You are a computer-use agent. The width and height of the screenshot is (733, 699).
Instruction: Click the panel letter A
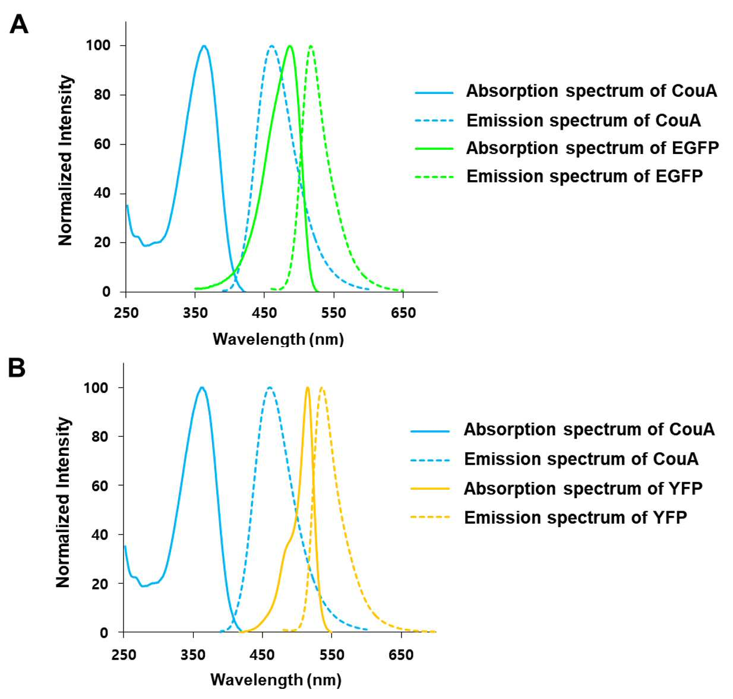[18, 24]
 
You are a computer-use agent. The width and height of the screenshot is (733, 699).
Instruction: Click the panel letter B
[17, 368]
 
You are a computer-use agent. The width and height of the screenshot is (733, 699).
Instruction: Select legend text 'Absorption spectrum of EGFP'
[592, 148]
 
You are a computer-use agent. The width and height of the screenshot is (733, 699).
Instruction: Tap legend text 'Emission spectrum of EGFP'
[584, 176]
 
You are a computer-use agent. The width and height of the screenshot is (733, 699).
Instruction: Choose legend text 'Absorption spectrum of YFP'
[583, 489]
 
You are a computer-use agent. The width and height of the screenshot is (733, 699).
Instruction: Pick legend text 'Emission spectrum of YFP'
[576, 517]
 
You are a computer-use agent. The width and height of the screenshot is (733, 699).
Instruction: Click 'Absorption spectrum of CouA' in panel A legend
[592, 91]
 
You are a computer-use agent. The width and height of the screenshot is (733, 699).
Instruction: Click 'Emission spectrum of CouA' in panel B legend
[582, 459]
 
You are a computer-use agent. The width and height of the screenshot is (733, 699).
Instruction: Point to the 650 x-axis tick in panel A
[403, 313]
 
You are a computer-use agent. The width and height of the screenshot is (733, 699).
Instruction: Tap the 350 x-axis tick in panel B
[193, 654]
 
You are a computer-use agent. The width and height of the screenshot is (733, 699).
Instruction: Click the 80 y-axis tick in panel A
[102, 95]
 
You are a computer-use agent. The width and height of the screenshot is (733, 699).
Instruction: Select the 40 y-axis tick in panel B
[100, 535]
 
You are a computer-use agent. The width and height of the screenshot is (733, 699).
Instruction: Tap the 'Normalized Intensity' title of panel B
[64, 502]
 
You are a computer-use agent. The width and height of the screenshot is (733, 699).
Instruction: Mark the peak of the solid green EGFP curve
[290, 46]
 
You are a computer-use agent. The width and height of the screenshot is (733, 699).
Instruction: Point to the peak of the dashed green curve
[311, 46]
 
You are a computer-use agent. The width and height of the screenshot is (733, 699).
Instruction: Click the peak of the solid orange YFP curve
[308, 388]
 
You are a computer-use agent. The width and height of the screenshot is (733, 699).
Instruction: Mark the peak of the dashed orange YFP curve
[322, 388]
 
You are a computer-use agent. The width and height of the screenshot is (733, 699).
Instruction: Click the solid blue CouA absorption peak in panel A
[204, 46]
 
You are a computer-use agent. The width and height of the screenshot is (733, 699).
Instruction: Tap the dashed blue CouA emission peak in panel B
[270, 388]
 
